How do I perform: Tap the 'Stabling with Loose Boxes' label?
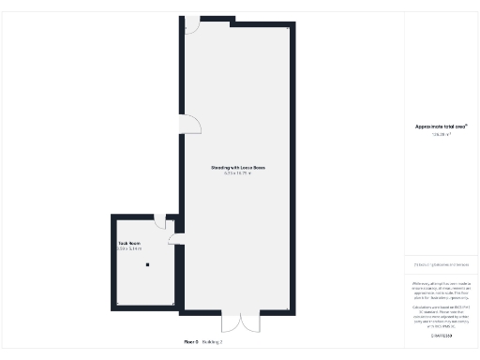coord(238,168)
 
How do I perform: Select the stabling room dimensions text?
coord(238,173)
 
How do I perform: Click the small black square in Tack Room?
coord(147,264)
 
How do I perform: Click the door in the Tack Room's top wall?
coord(160,221)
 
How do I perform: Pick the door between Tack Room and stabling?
coord(175,239)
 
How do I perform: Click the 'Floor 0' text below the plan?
coord(190,342)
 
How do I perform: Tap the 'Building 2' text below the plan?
coord(212,342)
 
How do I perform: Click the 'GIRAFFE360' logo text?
coord(441,336)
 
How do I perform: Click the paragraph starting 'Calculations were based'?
coord(441,315)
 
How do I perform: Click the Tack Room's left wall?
coord(113,262)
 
